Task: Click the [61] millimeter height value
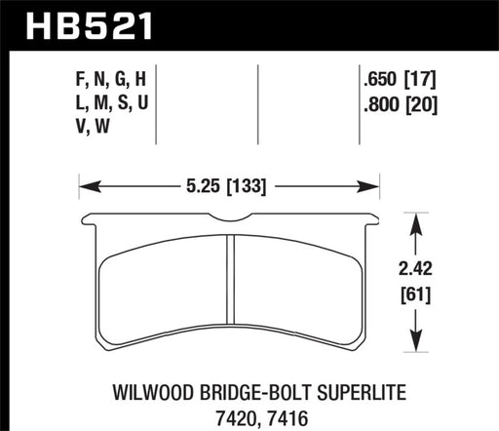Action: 418,291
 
